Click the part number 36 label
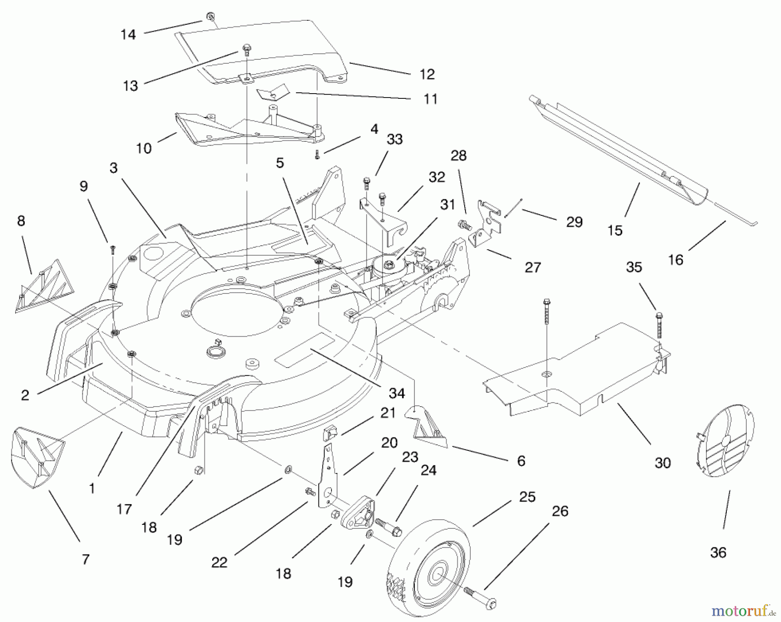tap(718, 553)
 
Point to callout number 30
tap(663, 462)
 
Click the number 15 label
tap(615, 230)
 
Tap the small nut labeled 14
tap(210, 17)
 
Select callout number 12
tap(427, 74)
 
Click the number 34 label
tap(397, 393)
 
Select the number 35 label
tap(633, 267)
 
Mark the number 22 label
tap(219, 562)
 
